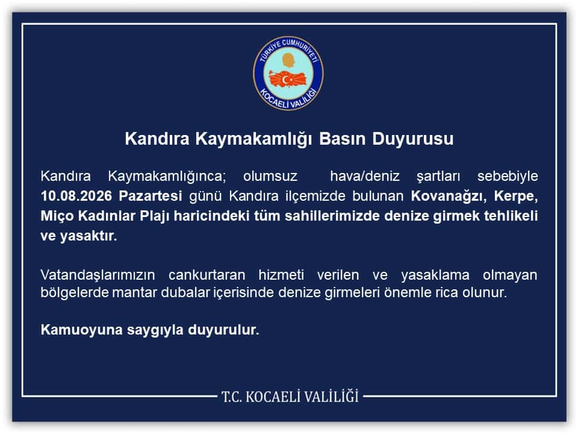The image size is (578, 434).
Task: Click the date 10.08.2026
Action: pyautogui.click(x=76, y=196)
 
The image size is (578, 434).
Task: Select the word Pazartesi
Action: pyautogui.click(x=151, y=196)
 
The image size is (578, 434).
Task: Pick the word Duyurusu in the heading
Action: pyautogui.click(x=412, y=139)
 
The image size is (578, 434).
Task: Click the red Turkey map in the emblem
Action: pyautogui.click(x=288, y=79)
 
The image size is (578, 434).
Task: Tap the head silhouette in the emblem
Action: pyautogui.click(x=289, y=60)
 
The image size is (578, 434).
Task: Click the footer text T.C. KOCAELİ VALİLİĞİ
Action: pyautogui.click(x=290, y=397)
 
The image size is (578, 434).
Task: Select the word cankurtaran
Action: pyautogui.click(x=207, y=275)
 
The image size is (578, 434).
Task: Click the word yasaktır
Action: pyautogui.click(x=89, y=236)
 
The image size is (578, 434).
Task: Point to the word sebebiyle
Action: pyautogui.click(x=508, y=177)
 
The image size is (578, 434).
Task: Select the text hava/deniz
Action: pyautogui.click(x=365, y=177)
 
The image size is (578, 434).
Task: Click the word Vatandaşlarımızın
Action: pyautogui.click(x=98, y=275)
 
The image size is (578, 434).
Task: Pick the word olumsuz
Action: pyautogui.click(x=270, y=177)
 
